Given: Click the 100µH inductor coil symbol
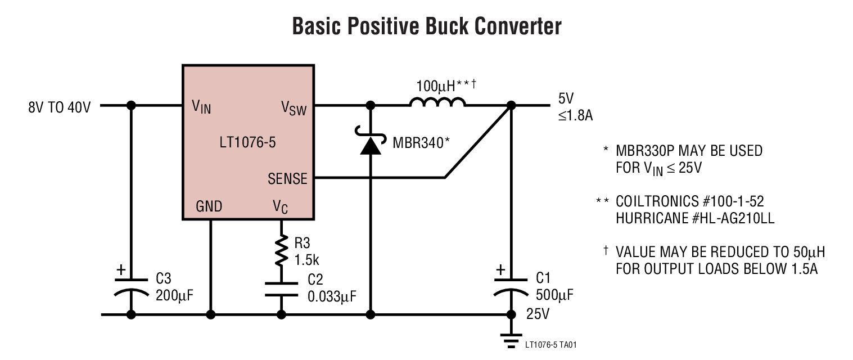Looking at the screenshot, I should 437,102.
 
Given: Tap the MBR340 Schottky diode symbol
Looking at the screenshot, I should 370,144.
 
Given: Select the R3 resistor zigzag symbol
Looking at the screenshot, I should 281,251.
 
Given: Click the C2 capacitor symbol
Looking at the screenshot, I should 281,288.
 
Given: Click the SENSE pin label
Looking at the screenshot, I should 287,179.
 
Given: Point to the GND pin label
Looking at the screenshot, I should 209,206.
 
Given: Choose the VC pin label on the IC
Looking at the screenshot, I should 281,207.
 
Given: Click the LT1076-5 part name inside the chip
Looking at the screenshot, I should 247,142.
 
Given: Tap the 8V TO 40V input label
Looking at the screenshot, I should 59,106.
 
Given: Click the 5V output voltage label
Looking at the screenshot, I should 566,99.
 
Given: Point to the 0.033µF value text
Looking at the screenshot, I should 332,296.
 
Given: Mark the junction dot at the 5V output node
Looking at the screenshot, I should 511,105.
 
